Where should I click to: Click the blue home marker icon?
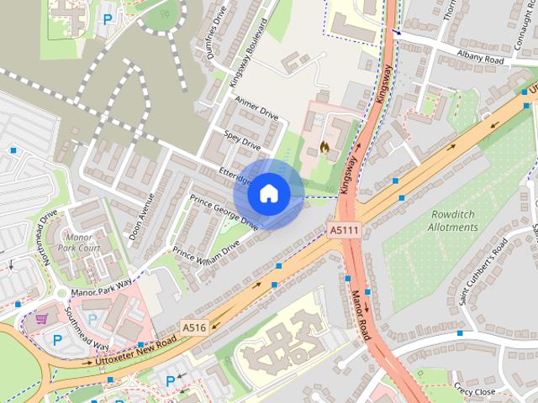[x=268, y=194]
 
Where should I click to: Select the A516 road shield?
[x=194, y=327]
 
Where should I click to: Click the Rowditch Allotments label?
[x=452, y=221]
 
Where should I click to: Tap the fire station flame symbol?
[x=324, y=146]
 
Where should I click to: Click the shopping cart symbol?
[x=42, y=319]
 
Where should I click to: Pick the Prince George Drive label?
[x=224, y=212]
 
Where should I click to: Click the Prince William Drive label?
[x=206, y=252]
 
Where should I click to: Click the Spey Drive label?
[x=242, y=139]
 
